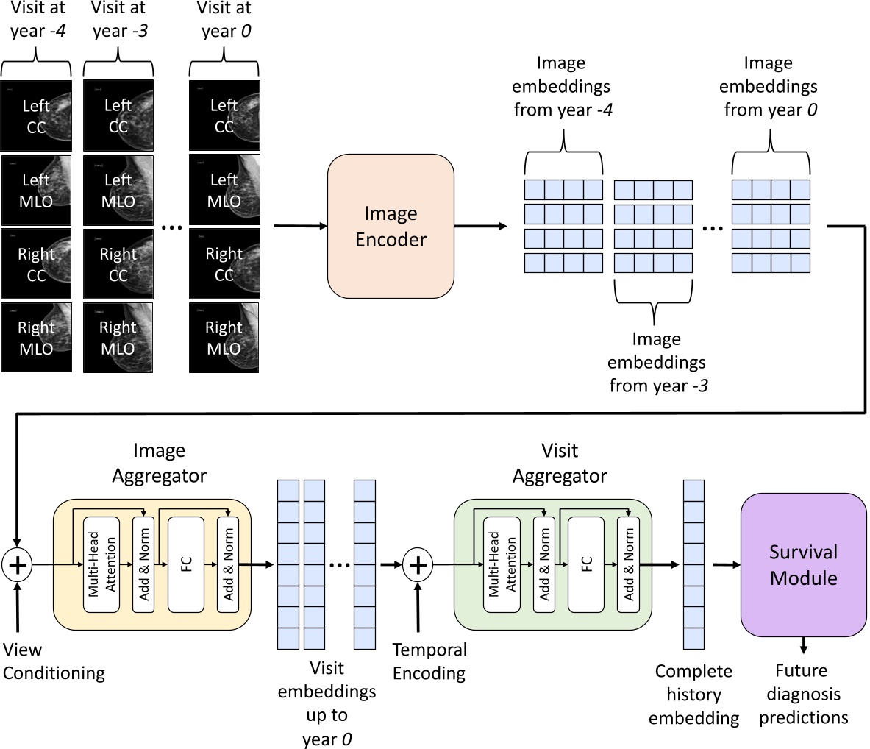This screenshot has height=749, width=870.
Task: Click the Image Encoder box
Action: coord(391,226)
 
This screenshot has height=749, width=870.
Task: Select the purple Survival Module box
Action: coord(803,564)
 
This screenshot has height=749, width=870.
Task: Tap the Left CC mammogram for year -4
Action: coord(36,116)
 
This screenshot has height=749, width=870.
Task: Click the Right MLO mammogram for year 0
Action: coord(224,338)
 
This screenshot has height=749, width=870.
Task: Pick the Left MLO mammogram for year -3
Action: coord(118,190)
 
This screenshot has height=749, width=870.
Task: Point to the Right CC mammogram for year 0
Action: coord(224,264)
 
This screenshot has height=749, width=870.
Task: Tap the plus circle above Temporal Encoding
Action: coord(418,565)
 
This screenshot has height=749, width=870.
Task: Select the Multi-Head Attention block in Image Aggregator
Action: coord(101,564)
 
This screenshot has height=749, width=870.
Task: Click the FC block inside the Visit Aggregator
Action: coord(586,564)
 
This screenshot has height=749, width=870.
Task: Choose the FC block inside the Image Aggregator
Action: coord(186,564)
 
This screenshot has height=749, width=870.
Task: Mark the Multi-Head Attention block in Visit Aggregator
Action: coord(502,564)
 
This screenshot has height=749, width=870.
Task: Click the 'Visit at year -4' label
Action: coord(37,20)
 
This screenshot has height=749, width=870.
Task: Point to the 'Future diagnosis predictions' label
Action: coord(803,694)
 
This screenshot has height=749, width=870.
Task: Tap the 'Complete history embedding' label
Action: coord(693,695)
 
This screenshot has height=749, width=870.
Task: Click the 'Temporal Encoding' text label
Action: coord(429,661)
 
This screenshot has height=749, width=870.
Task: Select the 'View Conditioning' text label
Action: coord(54,661)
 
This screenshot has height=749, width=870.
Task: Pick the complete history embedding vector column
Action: coord(693,564)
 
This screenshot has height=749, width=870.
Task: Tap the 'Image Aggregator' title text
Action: coord(160,463)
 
